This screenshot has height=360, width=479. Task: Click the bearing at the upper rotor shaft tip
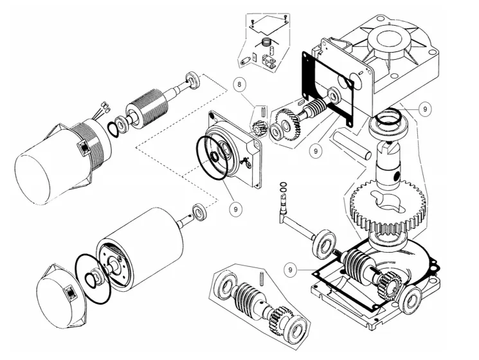coord(192,80)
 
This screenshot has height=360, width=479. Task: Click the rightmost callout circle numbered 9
coord(425,109)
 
